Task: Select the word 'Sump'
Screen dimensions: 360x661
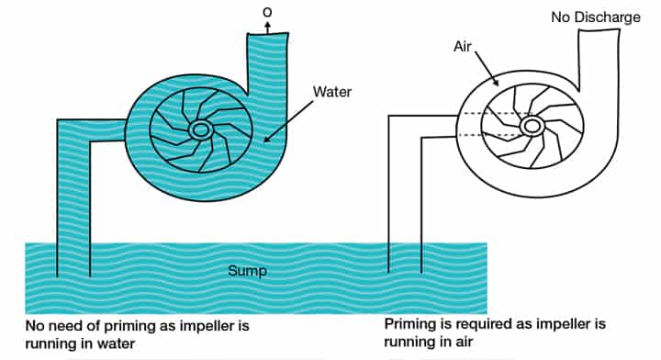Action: (246, 272)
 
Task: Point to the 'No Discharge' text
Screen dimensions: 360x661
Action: (595, 17)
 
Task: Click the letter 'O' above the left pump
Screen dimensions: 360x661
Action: (266, 11)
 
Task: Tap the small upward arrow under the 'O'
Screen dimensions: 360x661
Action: (266, 26)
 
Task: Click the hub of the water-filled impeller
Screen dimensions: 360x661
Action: (200, 131)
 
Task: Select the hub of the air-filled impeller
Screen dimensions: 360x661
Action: (531, 126)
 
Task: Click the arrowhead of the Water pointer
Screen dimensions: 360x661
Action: (266, 141)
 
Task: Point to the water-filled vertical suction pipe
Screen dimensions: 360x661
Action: (73, 202)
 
